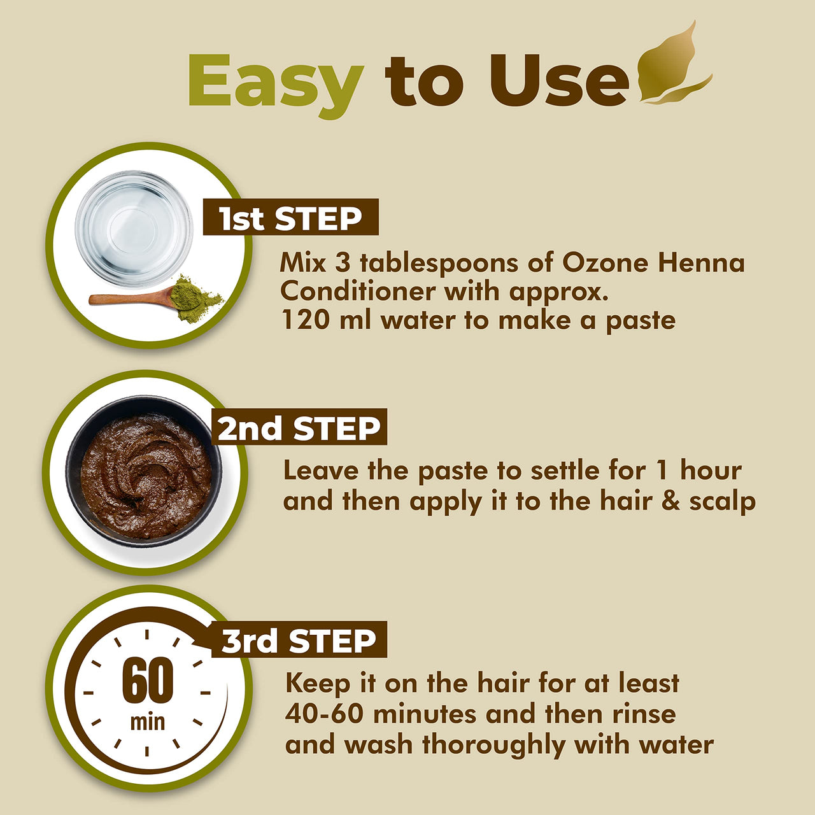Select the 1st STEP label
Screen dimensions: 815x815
click(290, 218)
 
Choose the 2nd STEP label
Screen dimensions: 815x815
click(299, 428)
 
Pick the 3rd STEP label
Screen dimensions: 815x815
click(299, 641)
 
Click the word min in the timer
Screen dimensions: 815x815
click(147, 722)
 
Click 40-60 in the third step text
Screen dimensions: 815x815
click(324, 714)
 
